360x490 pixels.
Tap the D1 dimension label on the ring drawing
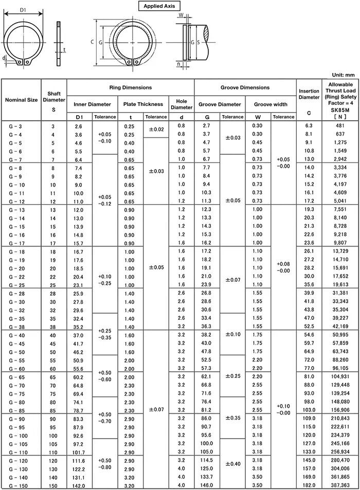[23, 9]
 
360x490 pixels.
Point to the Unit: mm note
[343, 75]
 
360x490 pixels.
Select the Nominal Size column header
[21, 100]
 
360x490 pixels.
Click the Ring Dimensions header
[130, 87]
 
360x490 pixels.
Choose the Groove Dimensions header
[245, 87]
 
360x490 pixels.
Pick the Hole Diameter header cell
[181, 104]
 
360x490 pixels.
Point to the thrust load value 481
[340, 126]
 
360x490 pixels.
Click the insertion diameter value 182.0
[309, 485]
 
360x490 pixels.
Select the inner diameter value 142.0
[79, 486]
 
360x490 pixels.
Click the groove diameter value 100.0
[206, 443]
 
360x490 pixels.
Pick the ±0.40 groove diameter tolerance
[232, 464]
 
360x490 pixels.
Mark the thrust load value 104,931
[339, 377]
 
